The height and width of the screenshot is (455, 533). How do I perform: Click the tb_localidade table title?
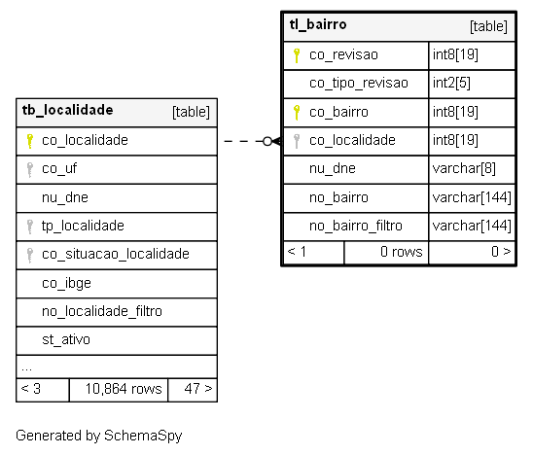tap(68, 111)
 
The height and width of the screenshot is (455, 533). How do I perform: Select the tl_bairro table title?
tap(318, 25)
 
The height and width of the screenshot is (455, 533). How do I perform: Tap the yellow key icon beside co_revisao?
tap(297, 55)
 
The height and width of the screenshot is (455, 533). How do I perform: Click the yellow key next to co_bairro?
tap(297, 113)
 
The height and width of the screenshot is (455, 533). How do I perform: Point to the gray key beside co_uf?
tap(30, 169)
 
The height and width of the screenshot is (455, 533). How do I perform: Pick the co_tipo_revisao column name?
tap(359, 84)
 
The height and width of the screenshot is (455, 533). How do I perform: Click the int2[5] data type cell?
tap(451, 84)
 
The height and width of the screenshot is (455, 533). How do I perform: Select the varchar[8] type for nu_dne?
tap(464, 168)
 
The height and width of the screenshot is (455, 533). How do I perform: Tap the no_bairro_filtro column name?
tap(356, 226)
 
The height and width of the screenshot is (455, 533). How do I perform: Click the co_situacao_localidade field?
tap(116, 254)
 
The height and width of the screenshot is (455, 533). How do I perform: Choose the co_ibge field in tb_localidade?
tap(66, 283)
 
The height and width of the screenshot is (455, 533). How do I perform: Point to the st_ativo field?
tap(66, 340)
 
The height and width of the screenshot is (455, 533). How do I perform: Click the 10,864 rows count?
tap(124, 389)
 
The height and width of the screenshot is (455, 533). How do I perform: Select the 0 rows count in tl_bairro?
tap(402, 252)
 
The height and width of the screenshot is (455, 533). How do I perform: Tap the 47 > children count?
tap(198, 389)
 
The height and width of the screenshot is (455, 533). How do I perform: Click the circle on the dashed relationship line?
tap(267, 141)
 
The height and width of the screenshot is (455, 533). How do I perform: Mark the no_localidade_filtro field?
tap(102, 311)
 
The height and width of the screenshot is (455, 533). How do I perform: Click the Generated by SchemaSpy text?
tap(99, 436)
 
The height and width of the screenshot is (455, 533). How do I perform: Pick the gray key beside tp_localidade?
tap(30, 227)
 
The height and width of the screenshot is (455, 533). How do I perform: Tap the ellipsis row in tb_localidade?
tap(26, 369)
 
